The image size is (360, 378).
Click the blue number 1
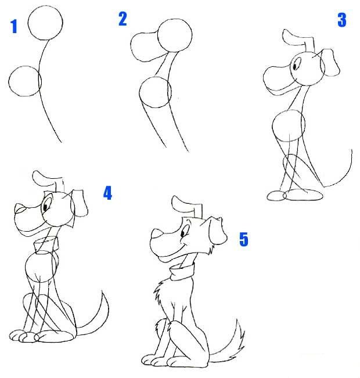pos(14,26)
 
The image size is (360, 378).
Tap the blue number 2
pos(123,19)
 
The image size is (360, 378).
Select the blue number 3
pos(342,20)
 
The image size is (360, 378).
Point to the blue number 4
pos(108,193)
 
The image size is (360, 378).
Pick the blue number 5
pos(244,239)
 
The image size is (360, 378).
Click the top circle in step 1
pos(45,6)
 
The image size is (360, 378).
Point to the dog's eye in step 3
pos(295,65)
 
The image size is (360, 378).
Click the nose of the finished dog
pos(157,233)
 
